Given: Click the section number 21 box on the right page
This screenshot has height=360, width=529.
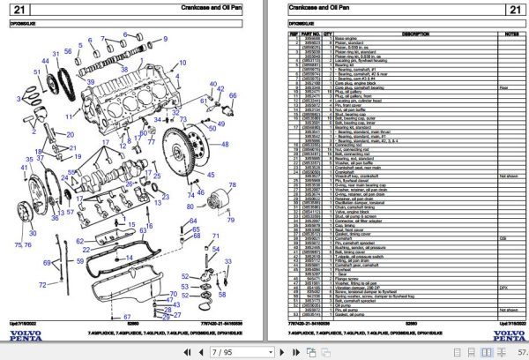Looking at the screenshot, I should [x=513, y=11].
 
